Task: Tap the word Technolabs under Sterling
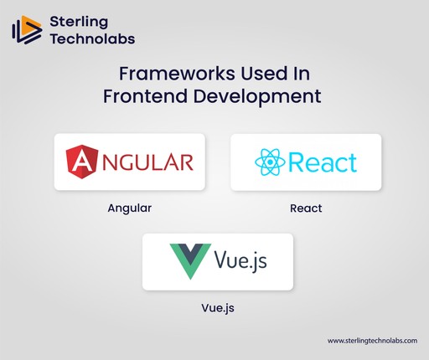click(x=92, y=39)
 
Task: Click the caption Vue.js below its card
click(x=218, y=307)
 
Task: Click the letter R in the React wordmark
click(x=296, y=162)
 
